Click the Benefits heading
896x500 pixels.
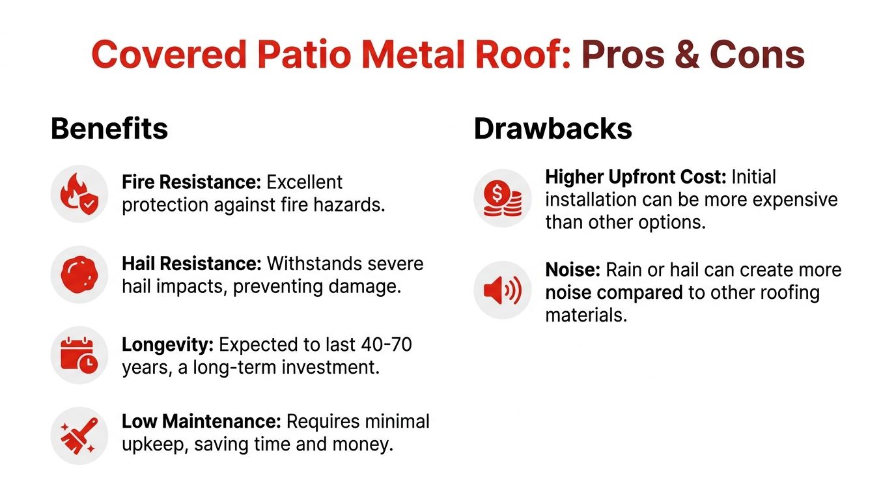point(109,129)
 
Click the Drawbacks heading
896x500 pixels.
point(553,129)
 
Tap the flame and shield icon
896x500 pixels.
point(79,193)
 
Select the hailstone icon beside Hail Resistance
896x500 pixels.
point(79,274)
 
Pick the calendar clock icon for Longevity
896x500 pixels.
point(79,355)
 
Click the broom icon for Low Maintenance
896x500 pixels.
point(79,436)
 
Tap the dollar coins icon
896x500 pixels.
point(502,198)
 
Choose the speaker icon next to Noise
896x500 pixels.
point(502,290)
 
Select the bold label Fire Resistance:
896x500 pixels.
point(191,182)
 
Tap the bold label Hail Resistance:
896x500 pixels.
point(191,264)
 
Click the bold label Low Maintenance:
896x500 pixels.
point(201,421)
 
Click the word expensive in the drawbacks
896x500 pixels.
point(795,199)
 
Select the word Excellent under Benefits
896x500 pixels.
point(305,182)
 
